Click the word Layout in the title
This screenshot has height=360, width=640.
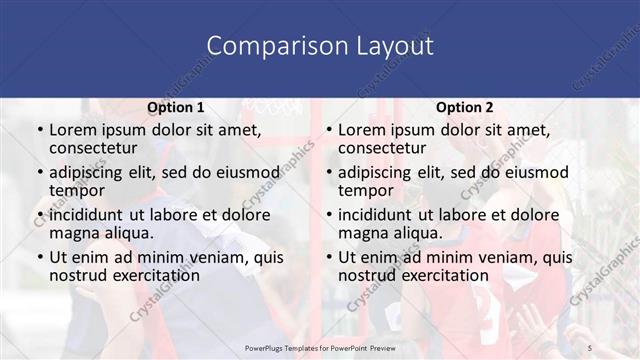point(392,46)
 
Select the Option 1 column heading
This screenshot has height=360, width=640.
point(175,107)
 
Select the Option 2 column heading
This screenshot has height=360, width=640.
point(465,107)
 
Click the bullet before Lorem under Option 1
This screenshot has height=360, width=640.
point(39,130)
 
